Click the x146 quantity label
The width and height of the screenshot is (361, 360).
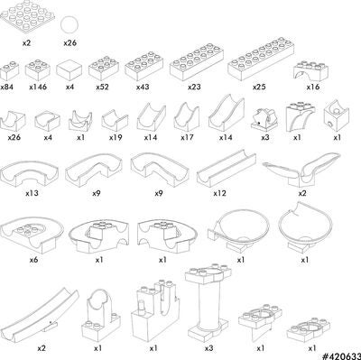(x=38, y=88)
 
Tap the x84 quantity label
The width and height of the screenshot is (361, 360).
(x=6, y=88)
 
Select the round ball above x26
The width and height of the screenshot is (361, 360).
(x=69, y=24)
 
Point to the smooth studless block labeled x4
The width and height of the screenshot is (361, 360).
(x=69, y=70)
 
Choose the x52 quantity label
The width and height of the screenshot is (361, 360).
(x=103, y=88)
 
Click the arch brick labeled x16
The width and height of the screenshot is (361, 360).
(x=310, y=70)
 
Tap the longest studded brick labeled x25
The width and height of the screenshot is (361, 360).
(x=261, y=59)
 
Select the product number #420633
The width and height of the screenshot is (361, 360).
(x=341, y=356)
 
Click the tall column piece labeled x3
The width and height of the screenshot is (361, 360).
(x=208, y=304)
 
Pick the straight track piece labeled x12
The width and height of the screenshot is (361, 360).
(x=227, y=170)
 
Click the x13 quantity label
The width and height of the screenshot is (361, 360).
(x=32, y=193)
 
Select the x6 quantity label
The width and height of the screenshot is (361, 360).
(x=33, y=259)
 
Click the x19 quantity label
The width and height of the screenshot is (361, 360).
(x=116, y=138)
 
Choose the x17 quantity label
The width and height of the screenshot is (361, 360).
(x=187, y=138)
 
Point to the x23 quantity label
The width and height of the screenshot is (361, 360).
(x=194, y=88)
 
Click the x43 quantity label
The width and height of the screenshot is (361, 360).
(x=143, y=88)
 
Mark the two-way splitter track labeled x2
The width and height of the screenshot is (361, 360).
(x=301, y=170)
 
